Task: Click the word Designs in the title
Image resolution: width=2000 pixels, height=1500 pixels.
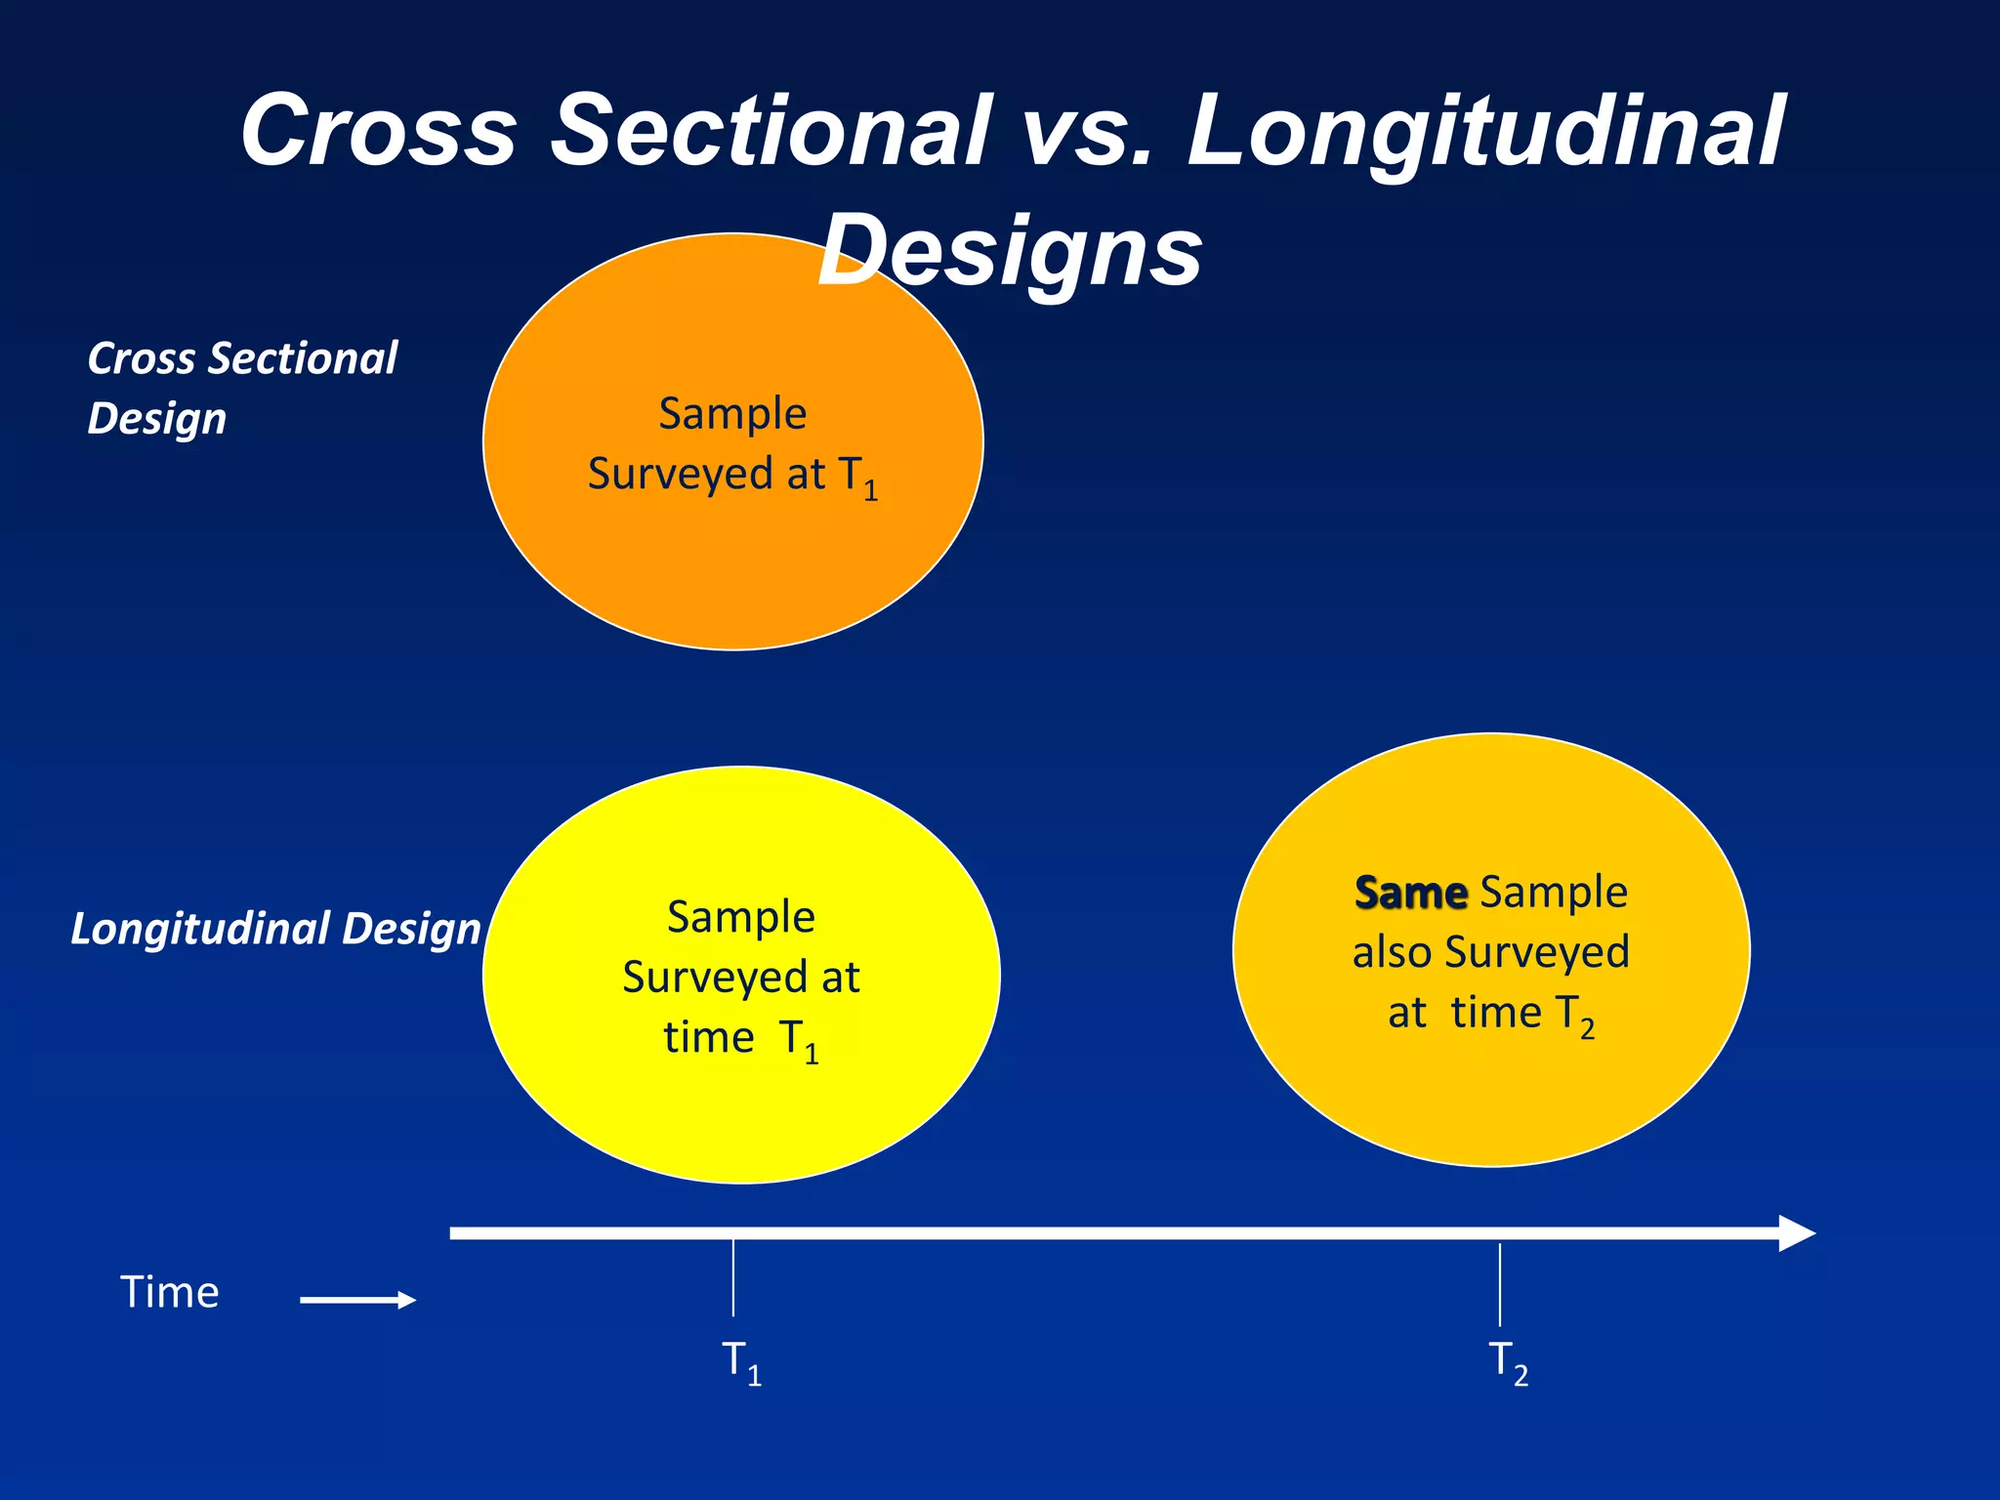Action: tap(1010, 251)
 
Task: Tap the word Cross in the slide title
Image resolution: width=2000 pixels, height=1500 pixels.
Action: tap(378, 130)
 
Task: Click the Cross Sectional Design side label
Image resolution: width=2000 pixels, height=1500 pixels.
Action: tap(242, 388)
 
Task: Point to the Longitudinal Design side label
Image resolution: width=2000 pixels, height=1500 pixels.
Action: tap(275, 929)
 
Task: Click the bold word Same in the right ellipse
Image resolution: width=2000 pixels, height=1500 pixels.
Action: tap(1410, 893)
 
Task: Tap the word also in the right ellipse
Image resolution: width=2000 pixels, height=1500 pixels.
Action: tap(1392, 952)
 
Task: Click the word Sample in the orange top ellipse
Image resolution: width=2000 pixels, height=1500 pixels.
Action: tap(732, 413)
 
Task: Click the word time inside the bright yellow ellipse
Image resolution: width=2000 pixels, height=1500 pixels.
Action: tap(708, 1037)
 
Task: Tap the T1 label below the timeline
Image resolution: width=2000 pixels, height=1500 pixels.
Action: tap(740, 1361)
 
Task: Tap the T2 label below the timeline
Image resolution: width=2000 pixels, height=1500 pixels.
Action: tap(1507, 1361)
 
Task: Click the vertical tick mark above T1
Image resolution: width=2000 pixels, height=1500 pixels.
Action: tap(732, 1278)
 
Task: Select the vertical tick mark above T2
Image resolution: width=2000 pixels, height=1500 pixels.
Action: tap(1500, 1284)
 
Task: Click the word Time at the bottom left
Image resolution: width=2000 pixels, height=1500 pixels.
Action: tap(170, 1293)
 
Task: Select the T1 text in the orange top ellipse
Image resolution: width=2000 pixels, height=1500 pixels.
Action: tap(858, 478)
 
